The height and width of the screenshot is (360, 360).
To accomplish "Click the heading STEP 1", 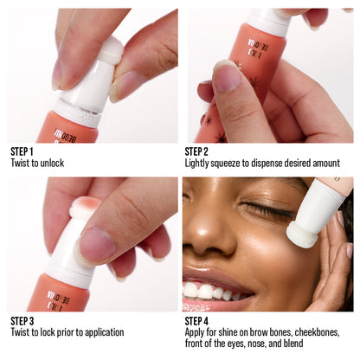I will tap(22, 151).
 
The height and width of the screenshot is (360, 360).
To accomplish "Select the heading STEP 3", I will tap(22, 320).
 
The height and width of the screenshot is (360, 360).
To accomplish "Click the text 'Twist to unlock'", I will tap(37, 163).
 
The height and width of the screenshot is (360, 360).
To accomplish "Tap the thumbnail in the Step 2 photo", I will tap(226, 77).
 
